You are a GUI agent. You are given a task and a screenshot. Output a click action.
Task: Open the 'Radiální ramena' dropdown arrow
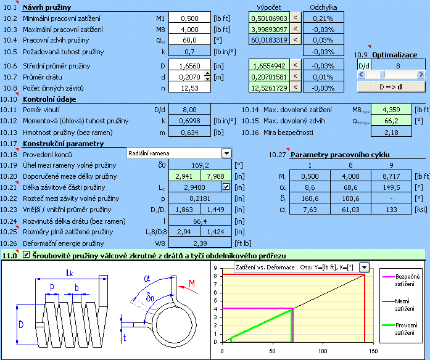226,153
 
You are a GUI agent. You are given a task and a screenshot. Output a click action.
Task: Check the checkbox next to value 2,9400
226,186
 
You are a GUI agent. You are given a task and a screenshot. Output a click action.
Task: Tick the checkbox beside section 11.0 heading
26,255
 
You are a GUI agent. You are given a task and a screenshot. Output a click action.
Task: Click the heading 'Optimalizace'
395,55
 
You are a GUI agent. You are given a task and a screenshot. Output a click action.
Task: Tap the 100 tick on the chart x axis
323,351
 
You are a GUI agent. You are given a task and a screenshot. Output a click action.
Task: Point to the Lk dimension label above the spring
73,273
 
